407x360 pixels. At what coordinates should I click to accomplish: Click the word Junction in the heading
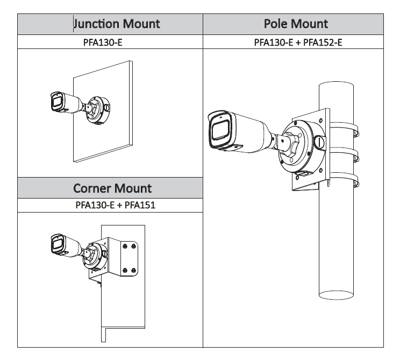click(x=96, y=24)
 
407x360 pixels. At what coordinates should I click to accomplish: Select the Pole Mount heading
click(x=295, y=24)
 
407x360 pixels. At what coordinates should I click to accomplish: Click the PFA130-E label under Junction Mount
click(x=103, y=42)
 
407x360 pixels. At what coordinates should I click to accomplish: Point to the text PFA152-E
click(x=323, y=42)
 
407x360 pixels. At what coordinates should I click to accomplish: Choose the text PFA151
click(x=140, y=205)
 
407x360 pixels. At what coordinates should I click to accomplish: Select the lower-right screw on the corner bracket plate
click(x=134, y=271)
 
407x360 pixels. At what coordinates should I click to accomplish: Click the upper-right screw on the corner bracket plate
click(x=133, y=246)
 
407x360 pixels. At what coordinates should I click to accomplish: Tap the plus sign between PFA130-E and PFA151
click(x=119, y=205)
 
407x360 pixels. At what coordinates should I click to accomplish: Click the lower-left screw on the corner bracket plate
click(x=126, y=270)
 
